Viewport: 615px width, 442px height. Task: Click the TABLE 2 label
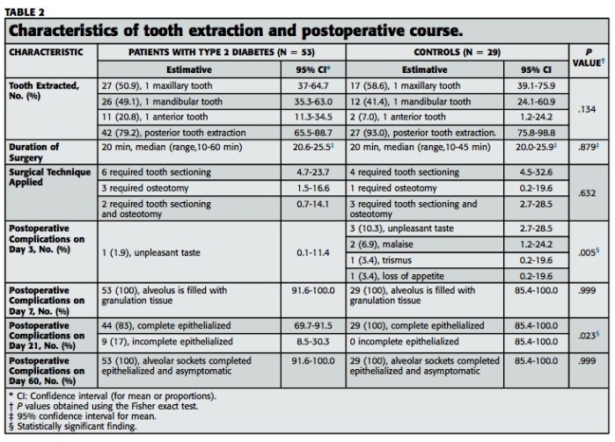point(26,12)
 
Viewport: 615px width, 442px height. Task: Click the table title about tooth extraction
point(236,31)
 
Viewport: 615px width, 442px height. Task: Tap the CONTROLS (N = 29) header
point(458,52)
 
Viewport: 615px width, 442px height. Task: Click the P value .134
point(589,109)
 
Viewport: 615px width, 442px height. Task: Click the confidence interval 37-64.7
point(312,86)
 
